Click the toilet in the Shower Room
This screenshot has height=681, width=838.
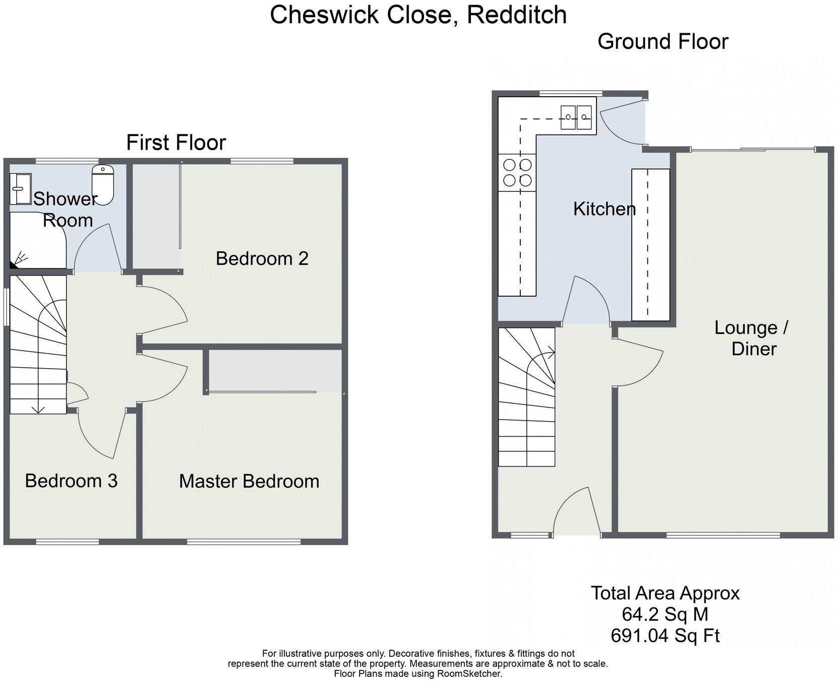tap(103, 185)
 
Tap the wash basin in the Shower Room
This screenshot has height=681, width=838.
tap(20, 189)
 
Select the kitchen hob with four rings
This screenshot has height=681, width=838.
tap(517, 172)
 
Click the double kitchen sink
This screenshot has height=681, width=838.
tap(576, 117)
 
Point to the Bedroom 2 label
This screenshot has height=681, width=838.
tap(262, 258)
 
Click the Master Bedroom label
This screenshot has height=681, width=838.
tap(249, 481)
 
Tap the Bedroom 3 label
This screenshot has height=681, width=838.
tap(71, 481)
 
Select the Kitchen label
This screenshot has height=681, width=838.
tap(604, 209)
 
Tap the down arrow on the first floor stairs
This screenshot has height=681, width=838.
tap(38, 408)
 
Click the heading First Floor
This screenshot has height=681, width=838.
tap(176, 143)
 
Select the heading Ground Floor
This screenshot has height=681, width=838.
tap(663, 41)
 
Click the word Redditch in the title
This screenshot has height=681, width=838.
tap(516, 15)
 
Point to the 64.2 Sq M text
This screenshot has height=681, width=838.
tap(665, 615)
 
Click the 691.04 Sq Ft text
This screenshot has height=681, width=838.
tap(665, 636)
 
